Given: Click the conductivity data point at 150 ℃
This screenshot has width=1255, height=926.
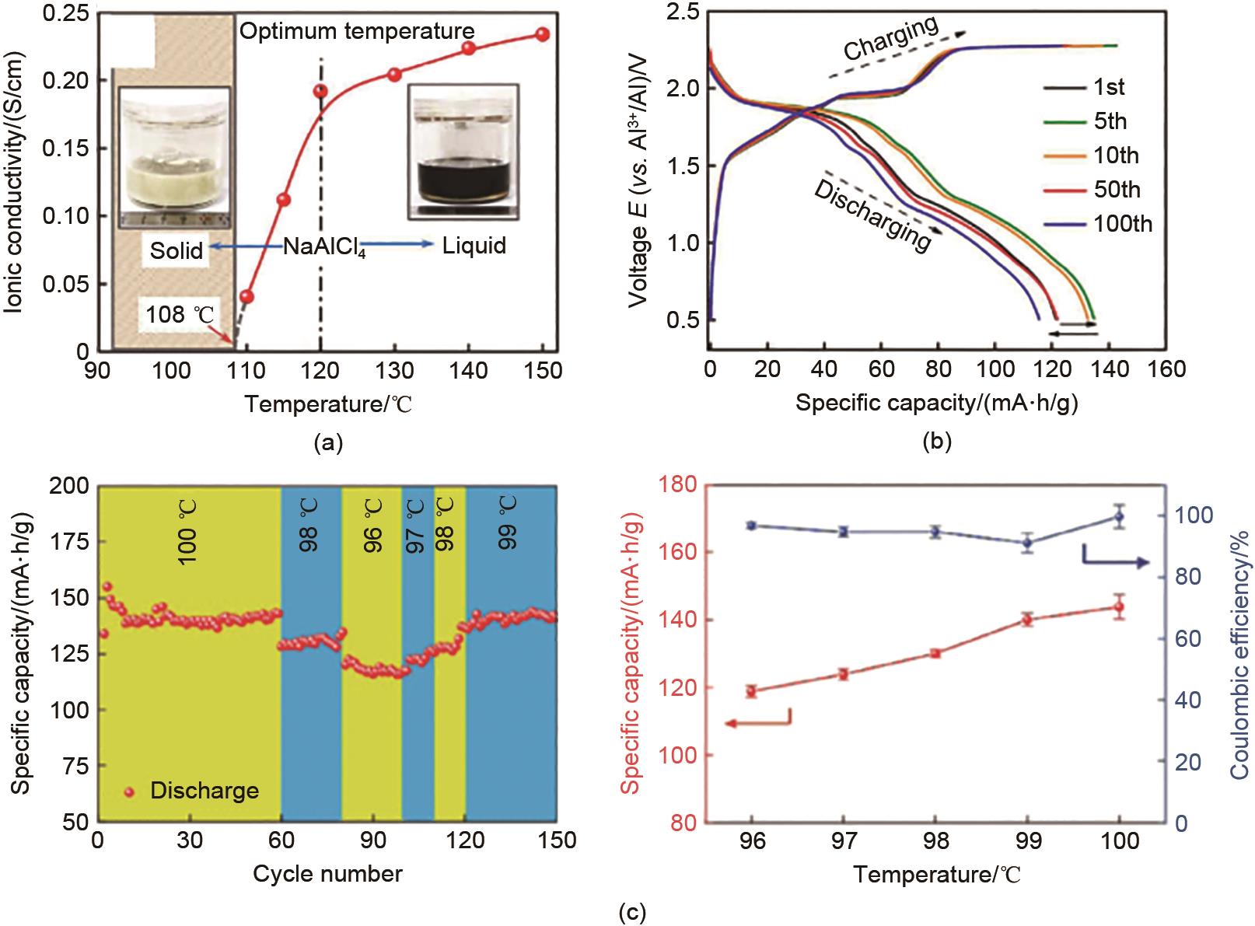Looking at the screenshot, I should click(x=543, y=34).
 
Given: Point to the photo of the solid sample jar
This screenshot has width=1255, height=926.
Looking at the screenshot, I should click(x=173, y=157).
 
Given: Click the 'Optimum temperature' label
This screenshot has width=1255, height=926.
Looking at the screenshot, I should click(x=357, y=32).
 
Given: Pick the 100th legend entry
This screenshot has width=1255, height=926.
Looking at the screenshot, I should click(x=1122, y=224).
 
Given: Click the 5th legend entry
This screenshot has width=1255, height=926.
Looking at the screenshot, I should click(x=1110, y=121).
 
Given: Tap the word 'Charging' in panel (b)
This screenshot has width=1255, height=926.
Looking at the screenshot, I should click(x=891, y=42).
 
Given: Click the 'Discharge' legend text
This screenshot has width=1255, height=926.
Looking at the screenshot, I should click(x=205, y=791).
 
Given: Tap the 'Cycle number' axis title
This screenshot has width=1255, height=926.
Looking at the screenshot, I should click(x=327, y=873).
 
